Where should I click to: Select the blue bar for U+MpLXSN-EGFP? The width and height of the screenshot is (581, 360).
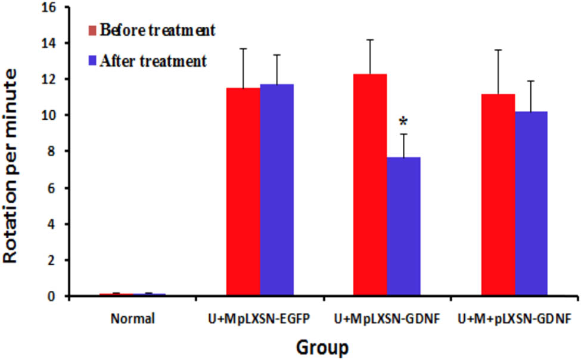276,190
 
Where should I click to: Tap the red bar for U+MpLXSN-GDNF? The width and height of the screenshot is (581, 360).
370,185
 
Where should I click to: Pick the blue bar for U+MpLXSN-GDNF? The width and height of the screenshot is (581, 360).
404,226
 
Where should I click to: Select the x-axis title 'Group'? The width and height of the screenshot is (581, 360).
319,346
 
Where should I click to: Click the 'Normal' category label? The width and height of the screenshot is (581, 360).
132,318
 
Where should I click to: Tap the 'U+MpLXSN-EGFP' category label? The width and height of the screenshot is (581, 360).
260,318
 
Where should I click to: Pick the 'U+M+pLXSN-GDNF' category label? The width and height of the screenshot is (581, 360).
514,318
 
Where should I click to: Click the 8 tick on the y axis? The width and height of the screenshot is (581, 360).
54,151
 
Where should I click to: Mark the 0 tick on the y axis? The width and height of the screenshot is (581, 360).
54,296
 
